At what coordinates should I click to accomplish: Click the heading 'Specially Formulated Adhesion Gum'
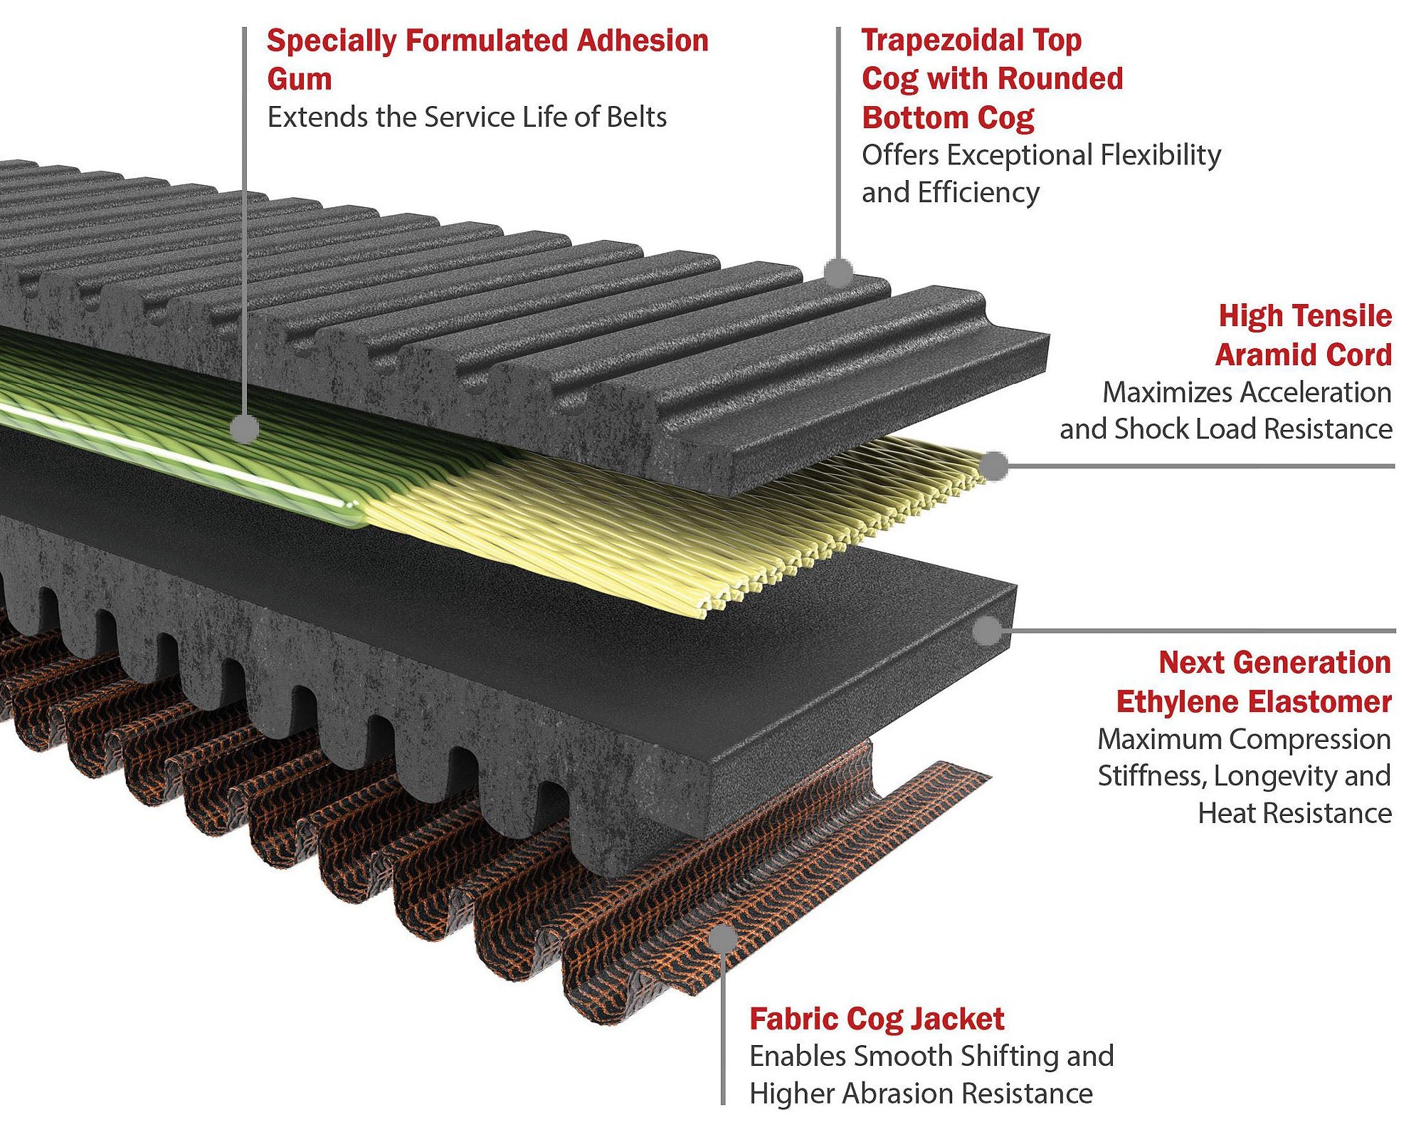[x=487, y=59]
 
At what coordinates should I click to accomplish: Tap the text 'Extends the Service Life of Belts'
[x=467, y=117]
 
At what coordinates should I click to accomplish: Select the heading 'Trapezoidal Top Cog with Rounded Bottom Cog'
[x=992, y=78]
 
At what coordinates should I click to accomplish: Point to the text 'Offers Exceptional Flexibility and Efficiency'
[x=1040, y=173]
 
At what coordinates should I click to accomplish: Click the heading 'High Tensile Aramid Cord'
[x=1304, y=335]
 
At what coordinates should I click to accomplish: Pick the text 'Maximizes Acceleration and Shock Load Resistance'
[x=1225, y=411]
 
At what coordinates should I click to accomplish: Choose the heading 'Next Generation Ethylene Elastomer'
[x=1254, y=682]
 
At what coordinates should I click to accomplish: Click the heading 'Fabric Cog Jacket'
[x=877, y=1019]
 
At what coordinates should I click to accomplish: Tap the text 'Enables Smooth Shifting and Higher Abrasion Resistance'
[x=931, y=1074]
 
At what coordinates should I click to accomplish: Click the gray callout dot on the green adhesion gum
[x=245, y=429]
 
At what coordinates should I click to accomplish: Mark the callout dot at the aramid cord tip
[x=994, y=466]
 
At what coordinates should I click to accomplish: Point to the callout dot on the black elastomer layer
[x=987, y=630]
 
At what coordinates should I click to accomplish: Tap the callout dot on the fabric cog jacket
[x=723, y=938]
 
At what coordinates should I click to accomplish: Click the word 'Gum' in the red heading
[x=300, y=79]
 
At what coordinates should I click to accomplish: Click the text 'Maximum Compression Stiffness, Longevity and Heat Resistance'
[x=1244, y=776]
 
